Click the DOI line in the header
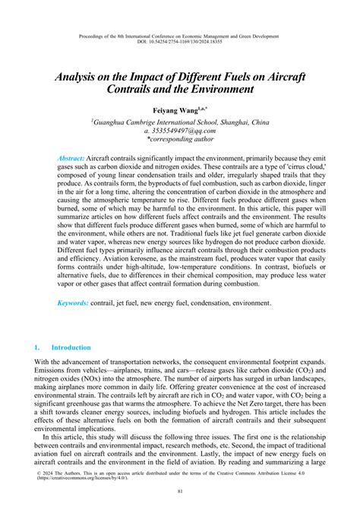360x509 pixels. [180, 43]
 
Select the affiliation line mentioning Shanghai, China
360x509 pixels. [180, 120]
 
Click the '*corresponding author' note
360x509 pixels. [180, 140]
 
